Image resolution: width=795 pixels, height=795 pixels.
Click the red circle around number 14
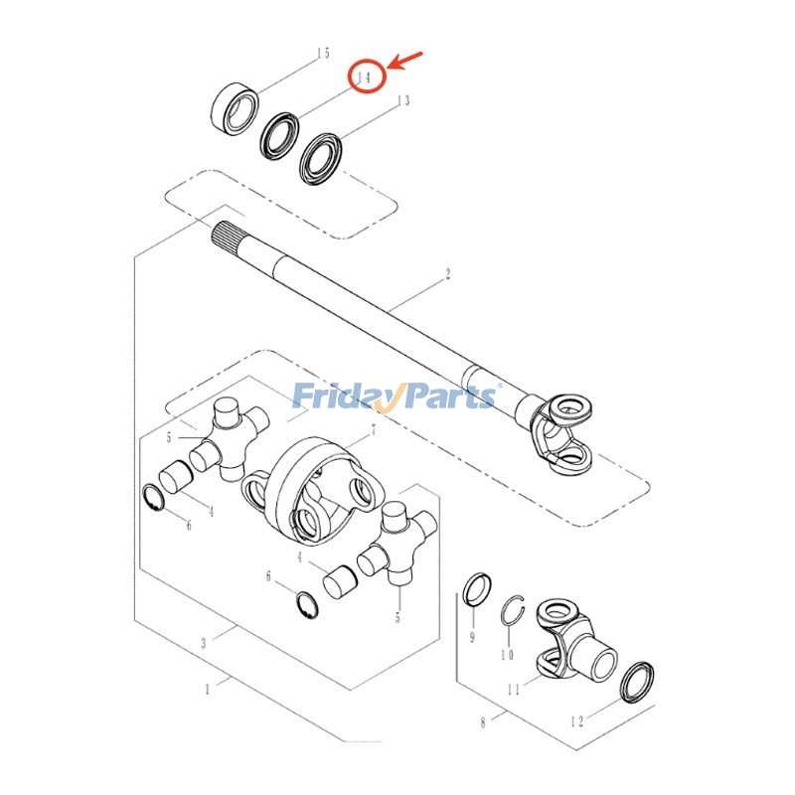365,77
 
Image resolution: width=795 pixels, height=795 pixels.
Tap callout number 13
402,100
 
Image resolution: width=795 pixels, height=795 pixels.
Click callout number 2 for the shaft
448,273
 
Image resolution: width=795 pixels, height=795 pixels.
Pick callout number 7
373,432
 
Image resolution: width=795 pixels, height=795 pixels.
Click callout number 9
472,637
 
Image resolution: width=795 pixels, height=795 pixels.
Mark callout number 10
507,655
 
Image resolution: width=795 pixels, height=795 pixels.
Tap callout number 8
484,722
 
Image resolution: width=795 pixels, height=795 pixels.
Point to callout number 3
204,643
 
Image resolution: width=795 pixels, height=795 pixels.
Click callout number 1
207,688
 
